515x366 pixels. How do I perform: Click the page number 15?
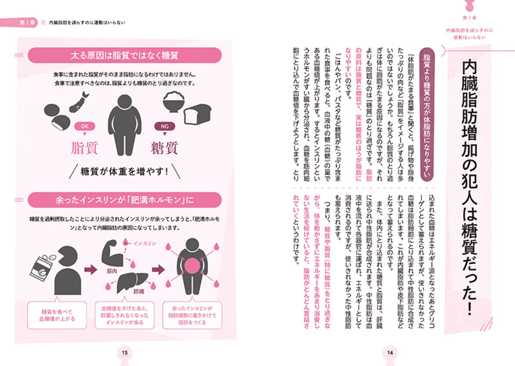(125, 352)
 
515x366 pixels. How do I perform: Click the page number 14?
(390, 352)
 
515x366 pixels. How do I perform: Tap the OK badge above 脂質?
(85, 126)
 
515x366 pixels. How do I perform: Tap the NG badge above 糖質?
(165, 126)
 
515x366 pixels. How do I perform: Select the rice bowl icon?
(173, 101)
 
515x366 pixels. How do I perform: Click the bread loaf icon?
(197, 117)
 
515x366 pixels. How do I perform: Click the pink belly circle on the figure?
(192, 265)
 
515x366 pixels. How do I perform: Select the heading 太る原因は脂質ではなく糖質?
(125, 56)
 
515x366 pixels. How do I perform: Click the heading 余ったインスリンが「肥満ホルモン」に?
(125, 200)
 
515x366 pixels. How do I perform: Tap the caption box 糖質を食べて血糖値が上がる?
(57, 315)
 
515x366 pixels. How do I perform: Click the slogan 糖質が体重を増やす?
(125, 172)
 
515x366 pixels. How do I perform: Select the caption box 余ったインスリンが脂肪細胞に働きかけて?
(192, 315)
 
